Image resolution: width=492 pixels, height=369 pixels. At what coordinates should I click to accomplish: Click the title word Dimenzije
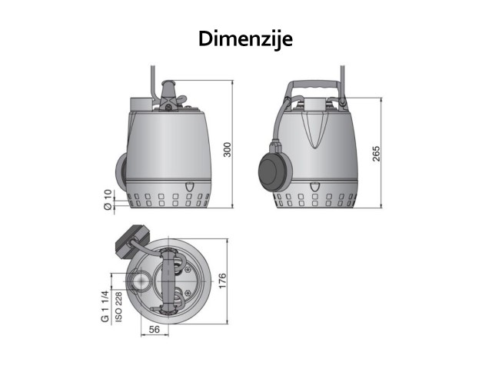245,39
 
